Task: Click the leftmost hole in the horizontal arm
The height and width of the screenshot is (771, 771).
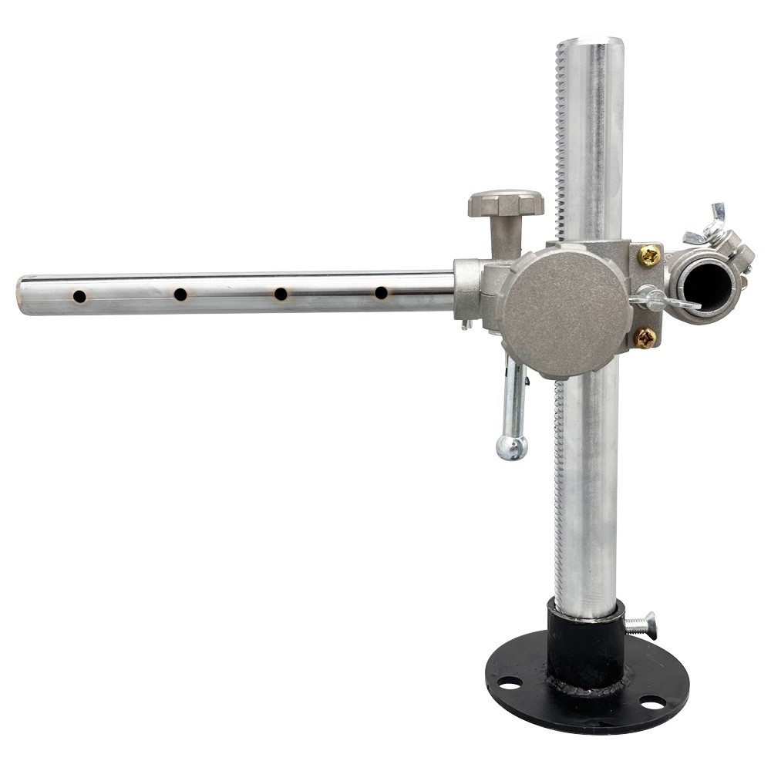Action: pyautogui.click(x=79, y=296)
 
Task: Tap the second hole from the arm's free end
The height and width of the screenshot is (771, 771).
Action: pyautogui.click(x=180, y=295)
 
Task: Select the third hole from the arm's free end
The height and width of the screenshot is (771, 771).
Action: pyautogui.click(x=281, y=294)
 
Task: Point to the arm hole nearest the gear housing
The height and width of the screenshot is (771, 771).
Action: pyautogui.click(x=381, y=292)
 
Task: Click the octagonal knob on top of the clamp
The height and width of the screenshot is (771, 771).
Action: pyautogui.click(x=505, y=204)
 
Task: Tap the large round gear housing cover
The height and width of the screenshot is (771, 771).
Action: pyautogui.click(x=567, y=310)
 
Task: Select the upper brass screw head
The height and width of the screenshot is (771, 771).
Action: pyautogui.click(x=649, y=255)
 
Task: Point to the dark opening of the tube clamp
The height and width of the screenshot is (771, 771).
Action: pyautogui.click(x=709, y=284)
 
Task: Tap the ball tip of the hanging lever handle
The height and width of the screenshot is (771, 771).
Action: pyautogui.click(x=512, y=447)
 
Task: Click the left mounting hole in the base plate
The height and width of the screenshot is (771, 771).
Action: pyautogui.click(x=508, y=682)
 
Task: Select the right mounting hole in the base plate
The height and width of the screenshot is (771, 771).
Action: pyautogui.click(x=652, y=703)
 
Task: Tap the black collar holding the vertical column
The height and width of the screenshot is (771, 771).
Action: pyautogui.click(x=584, y=648)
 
